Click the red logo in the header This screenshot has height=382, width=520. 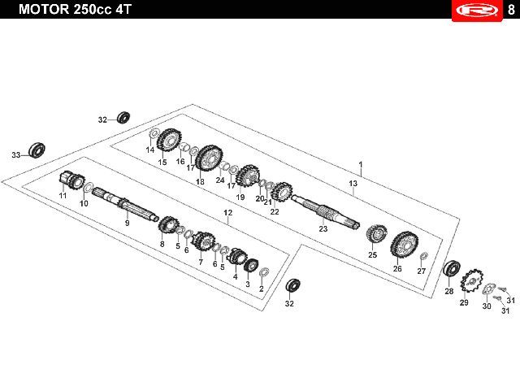click(477, 11)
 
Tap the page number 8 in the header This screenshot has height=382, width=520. click(511, 10)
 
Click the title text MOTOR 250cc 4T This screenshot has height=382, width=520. click(76, 9)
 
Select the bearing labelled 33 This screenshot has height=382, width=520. click(37, 150)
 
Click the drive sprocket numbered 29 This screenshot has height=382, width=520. click(471, 281)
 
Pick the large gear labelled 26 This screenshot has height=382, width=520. click(405, 244)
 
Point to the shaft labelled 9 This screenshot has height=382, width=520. click(125, 204)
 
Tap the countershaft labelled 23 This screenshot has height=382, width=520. click(325, 211)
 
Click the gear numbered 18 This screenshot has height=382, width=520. click(210, 158)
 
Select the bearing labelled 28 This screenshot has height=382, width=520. click(452, 268)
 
